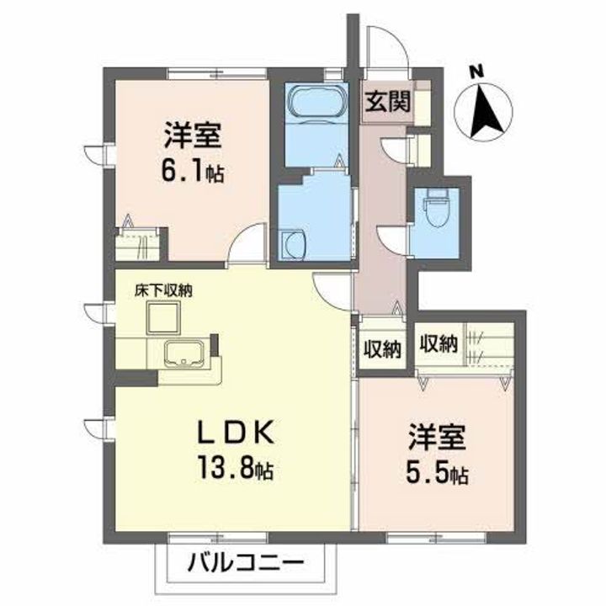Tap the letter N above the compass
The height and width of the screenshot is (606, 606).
point(476,72)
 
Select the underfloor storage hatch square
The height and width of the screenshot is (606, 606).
point(164,318)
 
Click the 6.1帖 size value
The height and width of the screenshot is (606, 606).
point(193,173)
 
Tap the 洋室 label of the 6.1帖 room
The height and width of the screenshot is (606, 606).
point(193,135)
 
